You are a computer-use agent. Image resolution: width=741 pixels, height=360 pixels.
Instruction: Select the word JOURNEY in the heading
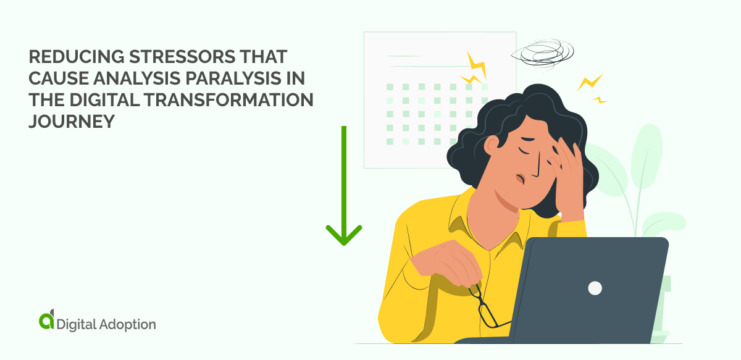pyautogui.click(x=72, y=122)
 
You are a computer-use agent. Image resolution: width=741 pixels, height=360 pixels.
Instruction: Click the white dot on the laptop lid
pyautogui.click(x=595, y=288)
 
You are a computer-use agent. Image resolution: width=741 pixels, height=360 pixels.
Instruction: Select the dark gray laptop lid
pyautogui.click(x=593, y=290)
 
